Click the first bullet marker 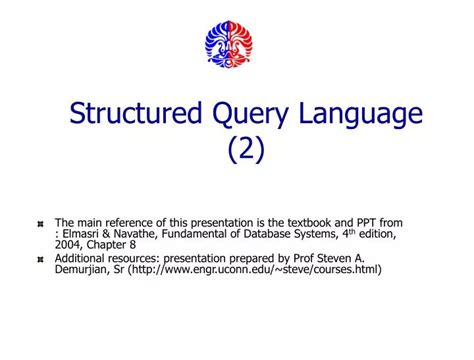pyautogui.click(x=40, y=226)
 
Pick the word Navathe pyautogui.click(x=139, y=234)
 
